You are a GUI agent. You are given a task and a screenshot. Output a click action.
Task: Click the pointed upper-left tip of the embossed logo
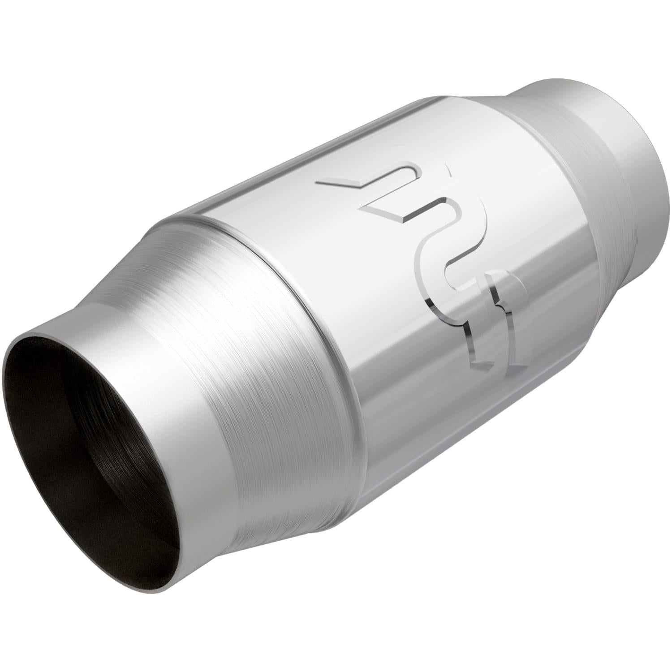(319, 182)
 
